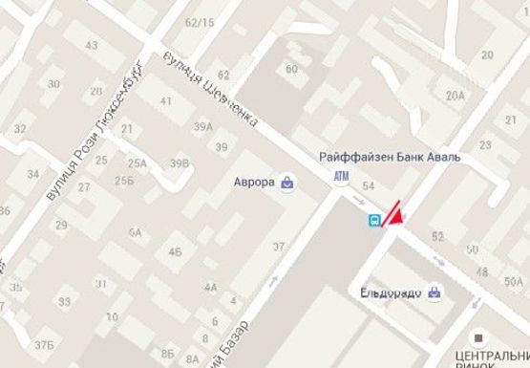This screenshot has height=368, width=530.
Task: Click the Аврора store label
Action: [x=253, y=182]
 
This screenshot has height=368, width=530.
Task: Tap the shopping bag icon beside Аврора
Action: [x=287, y=182]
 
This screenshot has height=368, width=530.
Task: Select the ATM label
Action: [x=342, y=177]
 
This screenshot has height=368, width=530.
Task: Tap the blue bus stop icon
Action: [x=376, y=220]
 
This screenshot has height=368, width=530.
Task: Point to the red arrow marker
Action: [x=395, y=212]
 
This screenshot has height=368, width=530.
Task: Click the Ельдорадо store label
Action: [x=392, y=292]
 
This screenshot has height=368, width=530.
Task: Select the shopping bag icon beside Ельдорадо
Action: [x=435, y=292]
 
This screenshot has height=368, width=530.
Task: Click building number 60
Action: [x=291, y=68]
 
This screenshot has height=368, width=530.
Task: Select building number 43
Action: [x=91, y=45]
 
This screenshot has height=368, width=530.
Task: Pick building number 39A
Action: [x=202, y=126]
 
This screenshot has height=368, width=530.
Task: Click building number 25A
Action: [x=138, y=163]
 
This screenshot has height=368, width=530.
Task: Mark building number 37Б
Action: [x=43, y=344]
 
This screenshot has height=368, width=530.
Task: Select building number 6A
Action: [x=135, y=232]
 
